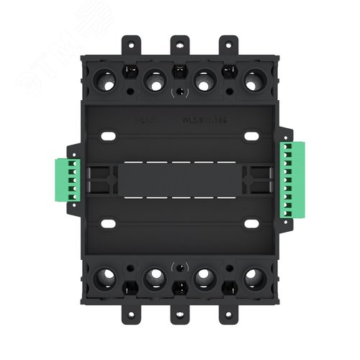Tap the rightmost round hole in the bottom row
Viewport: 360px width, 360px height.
coord(251,277)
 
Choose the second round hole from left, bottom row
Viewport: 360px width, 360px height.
coord(155,277)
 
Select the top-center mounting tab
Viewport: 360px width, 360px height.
coord(179,45)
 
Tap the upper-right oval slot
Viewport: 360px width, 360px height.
coord(251,135)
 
